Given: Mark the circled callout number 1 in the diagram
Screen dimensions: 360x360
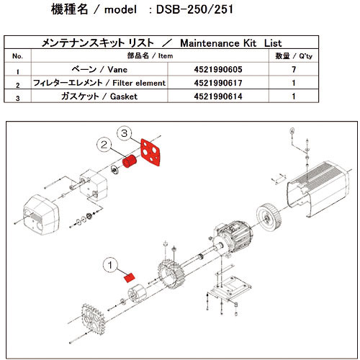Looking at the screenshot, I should tap(109, 264).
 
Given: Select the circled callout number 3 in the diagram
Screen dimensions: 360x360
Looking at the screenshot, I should tap(124, 134).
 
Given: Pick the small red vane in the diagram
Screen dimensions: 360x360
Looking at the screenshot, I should tap(130, 276).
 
